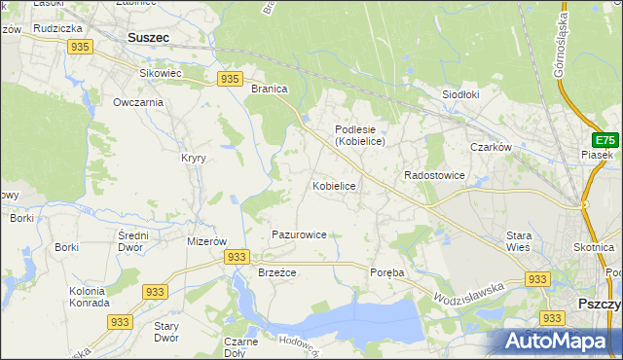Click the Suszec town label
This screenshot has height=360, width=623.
coord(148,38)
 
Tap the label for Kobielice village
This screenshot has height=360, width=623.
coord(334,186)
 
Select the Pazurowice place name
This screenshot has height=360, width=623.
coord(299,234)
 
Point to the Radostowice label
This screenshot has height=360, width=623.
coord(434,175)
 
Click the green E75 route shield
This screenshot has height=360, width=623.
coord(606,140)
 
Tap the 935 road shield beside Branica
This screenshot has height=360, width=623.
coord(230,79)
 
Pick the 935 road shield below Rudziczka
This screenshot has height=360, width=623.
coord(81,47)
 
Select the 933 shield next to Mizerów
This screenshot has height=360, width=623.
coord(236,256)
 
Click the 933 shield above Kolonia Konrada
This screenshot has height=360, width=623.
coord(154,291)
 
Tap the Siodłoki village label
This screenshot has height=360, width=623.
coord(461,94)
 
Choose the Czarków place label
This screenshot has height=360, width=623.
coord(491,147)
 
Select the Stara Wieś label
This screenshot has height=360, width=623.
coord(518,241)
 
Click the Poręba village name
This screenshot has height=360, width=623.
coord(386,272)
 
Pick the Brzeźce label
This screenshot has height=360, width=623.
coord(276,272)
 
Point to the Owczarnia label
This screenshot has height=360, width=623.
coord(137,102)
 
